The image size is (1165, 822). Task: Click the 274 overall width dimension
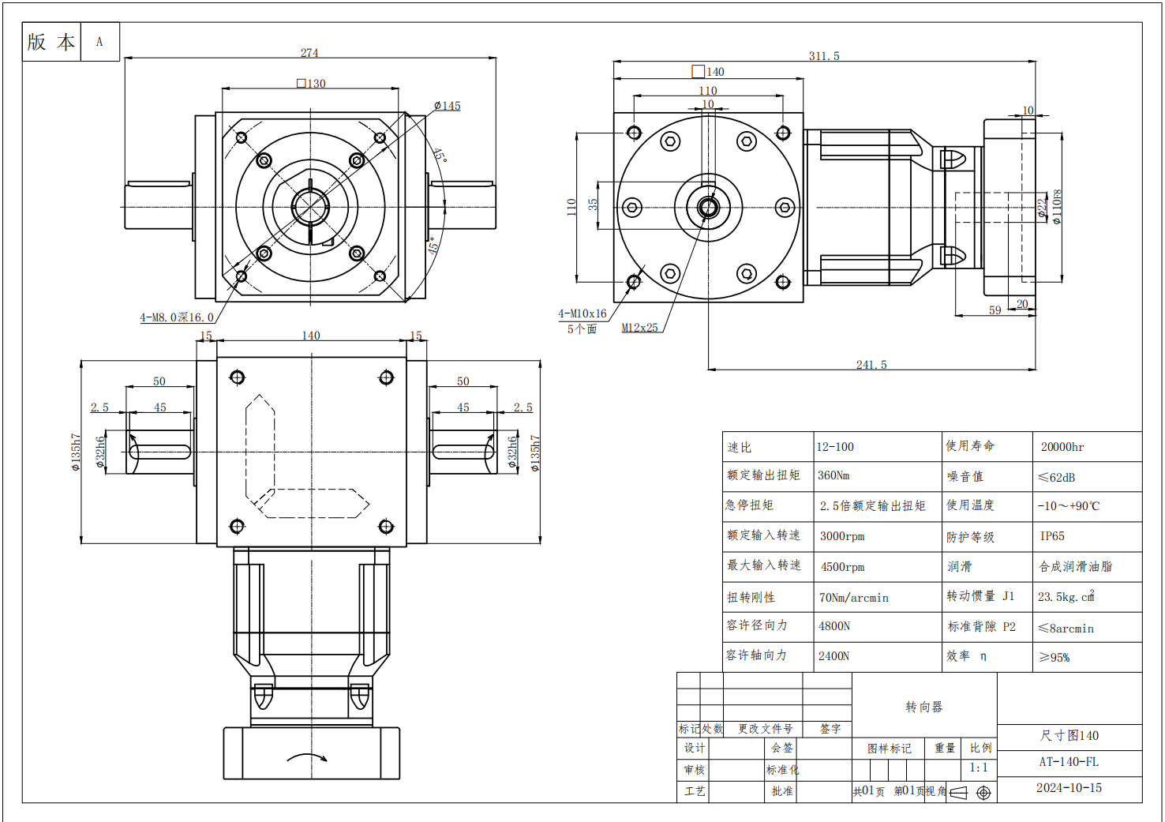309,53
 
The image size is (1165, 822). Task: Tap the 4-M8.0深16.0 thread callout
177,317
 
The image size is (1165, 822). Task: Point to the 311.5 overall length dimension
824,56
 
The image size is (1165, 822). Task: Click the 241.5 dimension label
871,365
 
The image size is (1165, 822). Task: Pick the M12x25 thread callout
639,328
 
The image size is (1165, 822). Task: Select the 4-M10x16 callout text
582,313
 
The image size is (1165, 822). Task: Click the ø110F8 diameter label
1057,206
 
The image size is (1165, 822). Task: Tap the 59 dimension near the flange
995,310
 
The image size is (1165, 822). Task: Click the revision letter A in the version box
99,42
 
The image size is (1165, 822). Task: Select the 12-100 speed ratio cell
835,447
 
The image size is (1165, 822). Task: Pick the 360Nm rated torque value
833,475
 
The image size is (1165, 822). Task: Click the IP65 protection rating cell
1052,536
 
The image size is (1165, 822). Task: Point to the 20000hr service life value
1062,447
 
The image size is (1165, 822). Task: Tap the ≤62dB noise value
1056,477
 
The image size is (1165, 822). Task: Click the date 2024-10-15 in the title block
1069,788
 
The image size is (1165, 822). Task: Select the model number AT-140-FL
1069,762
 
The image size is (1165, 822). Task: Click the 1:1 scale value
979,768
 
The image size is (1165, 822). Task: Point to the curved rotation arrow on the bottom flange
307,757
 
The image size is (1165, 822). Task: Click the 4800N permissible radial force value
834,626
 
